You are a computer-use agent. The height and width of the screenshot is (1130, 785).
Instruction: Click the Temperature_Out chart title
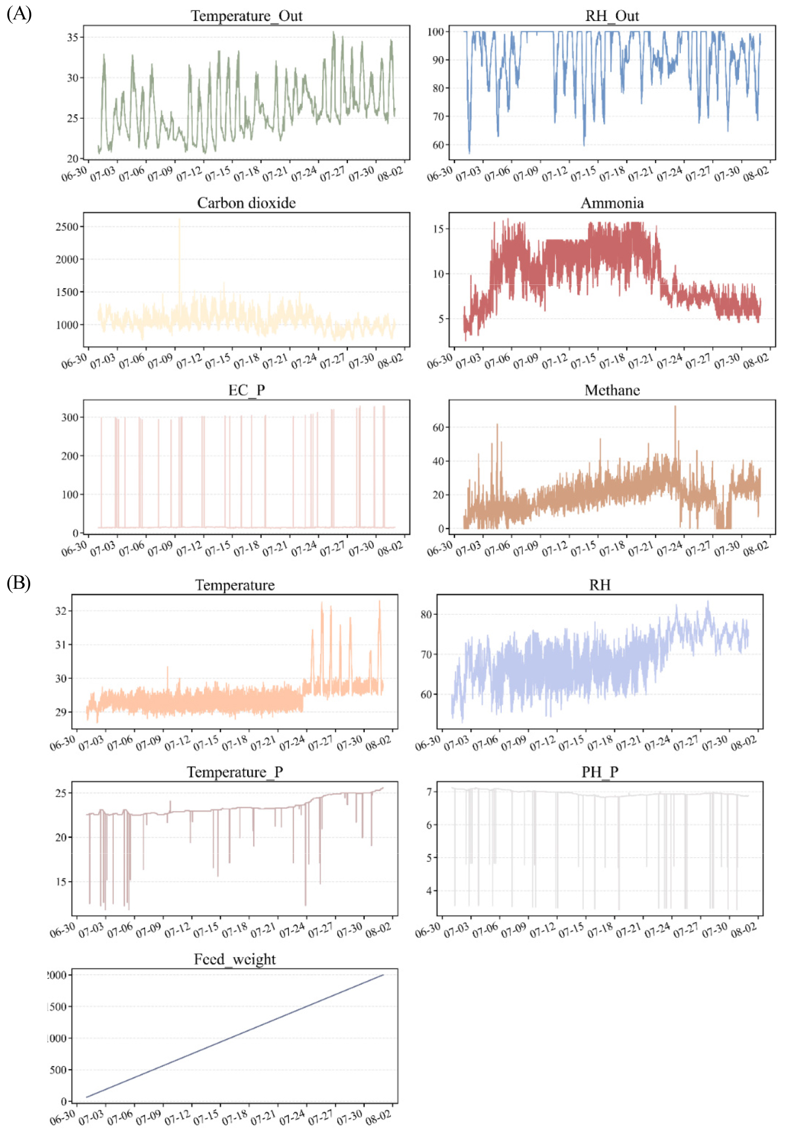click(x=247, y=16)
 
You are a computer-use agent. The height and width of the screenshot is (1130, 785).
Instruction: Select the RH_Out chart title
click(x=612, y=16)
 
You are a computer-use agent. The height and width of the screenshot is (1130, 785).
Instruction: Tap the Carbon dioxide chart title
click(x=247, y=203)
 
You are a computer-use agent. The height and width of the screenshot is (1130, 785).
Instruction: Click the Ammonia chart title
click(x=612, y=203)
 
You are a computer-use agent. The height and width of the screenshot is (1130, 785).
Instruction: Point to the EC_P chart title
click(x=247, y=390)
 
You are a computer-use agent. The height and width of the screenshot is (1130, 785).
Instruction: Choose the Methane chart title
click(x=612, y=390)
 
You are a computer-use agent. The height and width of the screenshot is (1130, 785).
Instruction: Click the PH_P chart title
click(x=599, y=772)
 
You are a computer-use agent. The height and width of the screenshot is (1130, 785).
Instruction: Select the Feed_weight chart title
click(x=235, y=959)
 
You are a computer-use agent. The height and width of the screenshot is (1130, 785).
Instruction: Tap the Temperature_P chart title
click(x=235, y=772)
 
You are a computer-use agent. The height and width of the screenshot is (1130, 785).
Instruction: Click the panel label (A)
click(x=19, y=13)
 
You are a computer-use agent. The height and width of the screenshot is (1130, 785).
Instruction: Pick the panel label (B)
click(x=18, y=583)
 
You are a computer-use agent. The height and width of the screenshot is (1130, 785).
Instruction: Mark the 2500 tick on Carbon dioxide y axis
click(x=67, y=227)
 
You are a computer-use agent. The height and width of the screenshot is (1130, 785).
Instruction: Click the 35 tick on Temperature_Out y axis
click(x=73, y=37)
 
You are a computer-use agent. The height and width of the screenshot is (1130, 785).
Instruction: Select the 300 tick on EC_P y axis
click(x=70, y=417)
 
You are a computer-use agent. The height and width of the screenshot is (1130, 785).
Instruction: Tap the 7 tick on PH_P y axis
click(x=429, y=792)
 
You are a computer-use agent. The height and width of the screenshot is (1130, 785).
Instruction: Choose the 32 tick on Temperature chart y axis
click(x=61, y=611)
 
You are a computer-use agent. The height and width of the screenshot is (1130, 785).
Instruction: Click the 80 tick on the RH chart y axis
click(x=426, y=614)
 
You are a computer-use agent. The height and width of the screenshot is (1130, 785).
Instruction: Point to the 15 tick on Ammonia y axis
click(x=439, y=229)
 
